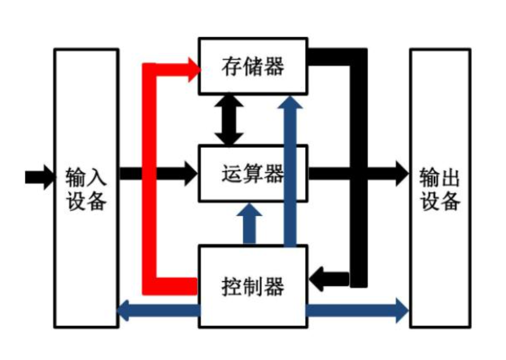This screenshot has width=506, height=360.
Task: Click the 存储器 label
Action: (253, 66)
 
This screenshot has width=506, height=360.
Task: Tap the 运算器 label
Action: (253, 174)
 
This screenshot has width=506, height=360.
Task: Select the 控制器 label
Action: (253, 286)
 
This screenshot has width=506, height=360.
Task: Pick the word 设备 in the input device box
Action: (86, 201)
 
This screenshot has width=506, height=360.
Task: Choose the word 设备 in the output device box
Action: (440, 201)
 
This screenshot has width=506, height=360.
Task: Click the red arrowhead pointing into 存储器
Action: (193, 70)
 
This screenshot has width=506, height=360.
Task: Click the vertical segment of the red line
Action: (149, 179)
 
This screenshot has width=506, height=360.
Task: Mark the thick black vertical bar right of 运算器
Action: (359, 169)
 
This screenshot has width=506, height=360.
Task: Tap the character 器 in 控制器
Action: (275, 286)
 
